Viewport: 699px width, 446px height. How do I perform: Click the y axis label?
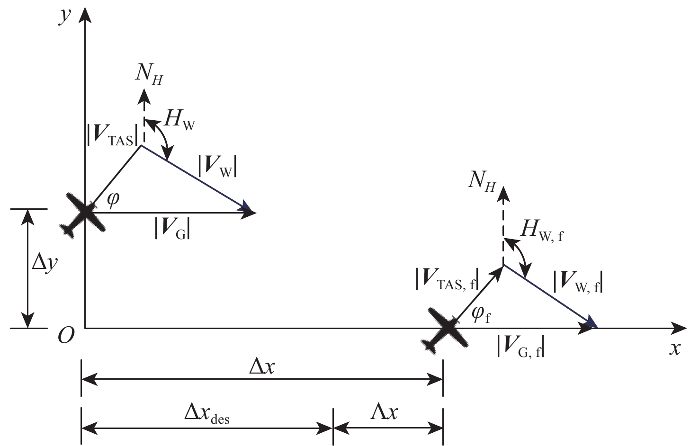[64, 17]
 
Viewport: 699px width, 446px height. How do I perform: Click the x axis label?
[675, 348]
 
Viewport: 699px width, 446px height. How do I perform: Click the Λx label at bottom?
[385, 412]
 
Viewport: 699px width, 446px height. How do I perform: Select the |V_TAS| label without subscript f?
[113, 136]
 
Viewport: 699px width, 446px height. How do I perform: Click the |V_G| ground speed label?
[173, 230]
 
